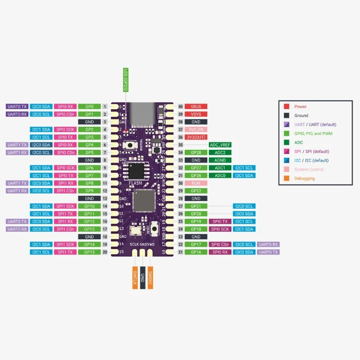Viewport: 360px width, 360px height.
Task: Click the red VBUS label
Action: (x=196, y=107)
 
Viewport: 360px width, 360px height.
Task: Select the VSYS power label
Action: (x=196, y=114)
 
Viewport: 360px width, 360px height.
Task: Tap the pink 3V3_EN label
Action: (x=196, y=130)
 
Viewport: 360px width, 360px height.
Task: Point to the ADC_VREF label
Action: (x=220, y=145)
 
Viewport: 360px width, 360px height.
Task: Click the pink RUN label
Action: (x=196, y=183)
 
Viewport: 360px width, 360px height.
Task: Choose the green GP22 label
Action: (x=196, y=191)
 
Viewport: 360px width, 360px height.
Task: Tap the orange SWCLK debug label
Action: (x=135, y=278)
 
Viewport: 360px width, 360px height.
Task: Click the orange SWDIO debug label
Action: (x=150, y=278)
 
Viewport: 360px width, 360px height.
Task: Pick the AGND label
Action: (x=220, y=160)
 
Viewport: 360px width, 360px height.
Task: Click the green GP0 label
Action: (x=89, y=107)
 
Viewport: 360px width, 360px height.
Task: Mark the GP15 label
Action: (x=89, y=252)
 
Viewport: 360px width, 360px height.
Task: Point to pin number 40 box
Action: (x=180, y=107)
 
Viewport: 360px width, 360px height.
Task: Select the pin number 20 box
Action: (x=105, y=252)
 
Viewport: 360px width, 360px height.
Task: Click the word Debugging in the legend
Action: (x=305, y=178)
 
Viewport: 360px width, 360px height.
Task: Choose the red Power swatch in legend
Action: (x=286, y=107)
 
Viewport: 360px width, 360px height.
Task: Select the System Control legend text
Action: (x=309, y=169)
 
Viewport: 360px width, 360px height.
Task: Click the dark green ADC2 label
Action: (x=220, y=153)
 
